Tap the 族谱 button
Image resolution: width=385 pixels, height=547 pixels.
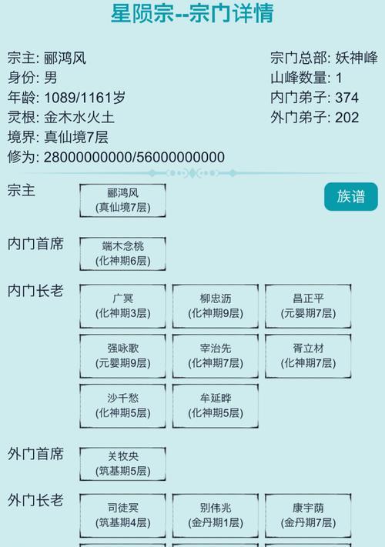pos(351,197)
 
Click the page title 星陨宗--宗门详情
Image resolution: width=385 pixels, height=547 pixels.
pos(192,13)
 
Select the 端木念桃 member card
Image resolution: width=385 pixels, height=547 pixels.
pos(122,254)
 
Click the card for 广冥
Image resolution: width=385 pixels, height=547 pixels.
pos(122,306)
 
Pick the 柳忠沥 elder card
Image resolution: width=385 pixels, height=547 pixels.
pos(216,306)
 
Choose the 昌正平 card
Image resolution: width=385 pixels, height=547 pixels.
pos(308,306)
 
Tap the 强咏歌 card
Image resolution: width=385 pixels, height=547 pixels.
pos(122,356)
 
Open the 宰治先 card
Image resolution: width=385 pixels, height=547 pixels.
pos(216,356)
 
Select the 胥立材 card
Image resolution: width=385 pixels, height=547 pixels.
pos(308,356)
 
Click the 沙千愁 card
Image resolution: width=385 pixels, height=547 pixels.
pos(122,405)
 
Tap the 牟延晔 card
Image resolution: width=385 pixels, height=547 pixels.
pos(216,405)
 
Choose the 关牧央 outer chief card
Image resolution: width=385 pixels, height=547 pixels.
pos(122,464)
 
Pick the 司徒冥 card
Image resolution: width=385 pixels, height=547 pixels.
pos(122,515)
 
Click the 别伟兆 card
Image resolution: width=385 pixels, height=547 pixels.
pos(216,515)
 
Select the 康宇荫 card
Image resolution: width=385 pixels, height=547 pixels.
pos(308,515)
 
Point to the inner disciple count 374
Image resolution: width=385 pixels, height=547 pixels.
pos(347,98)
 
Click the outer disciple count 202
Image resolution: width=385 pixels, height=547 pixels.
pos(347,118)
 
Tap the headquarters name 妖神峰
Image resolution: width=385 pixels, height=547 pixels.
pos(357,58)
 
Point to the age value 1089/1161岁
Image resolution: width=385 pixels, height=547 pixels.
pos(85,98)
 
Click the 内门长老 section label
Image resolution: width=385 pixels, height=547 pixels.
pos(35,291)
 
